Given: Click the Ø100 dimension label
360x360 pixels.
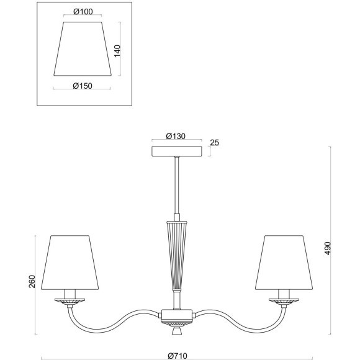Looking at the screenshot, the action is click(83, 11).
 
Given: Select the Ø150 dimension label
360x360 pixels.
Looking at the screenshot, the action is click(83, 86).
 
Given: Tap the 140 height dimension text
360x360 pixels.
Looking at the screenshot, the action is click(117, 51).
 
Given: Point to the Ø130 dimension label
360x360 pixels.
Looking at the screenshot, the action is click(176, 136).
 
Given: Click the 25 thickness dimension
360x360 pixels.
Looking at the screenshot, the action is click(215, 143).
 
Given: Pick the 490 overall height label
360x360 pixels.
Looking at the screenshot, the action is click(328, 248).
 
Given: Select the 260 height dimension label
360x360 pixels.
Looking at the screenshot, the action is click(32, 281).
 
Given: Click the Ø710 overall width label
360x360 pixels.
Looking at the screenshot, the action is click(178, 356).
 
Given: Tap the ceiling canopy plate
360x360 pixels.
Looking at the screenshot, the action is click(177, 151).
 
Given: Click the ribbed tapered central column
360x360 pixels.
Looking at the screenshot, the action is click(176, 256).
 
